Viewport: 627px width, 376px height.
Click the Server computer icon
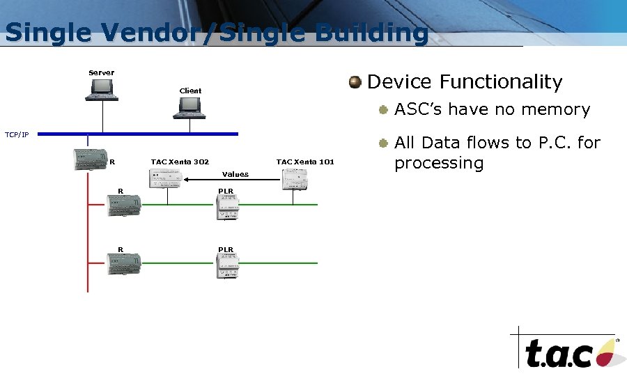coord(102,88)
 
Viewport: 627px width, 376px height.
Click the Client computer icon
coord(190,107)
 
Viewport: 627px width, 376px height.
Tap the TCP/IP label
coord(17,134)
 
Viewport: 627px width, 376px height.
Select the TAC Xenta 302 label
coord(180,162)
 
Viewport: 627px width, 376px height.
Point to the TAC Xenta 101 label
coord(305,162)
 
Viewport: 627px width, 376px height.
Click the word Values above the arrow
coord(235,174)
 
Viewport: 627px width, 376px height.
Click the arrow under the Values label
coord(217,180)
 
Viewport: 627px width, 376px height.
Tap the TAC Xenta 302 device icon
coord(166,179)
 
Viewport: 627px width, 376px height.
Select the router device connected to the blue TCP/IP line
coord(89,159)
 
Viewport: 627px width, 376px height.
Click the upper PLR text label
coord(226,191)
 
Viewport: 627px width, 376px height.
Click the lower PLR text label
coord(226,249)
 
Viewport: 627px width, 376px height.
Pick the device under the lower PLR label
coord(228,264)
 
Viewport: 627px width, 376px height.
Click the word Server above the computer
coord(102,72)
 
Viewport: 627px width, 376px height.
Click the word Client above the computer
coord(190,91)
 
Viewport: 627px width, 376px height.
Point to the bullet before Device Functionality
coord(356,82)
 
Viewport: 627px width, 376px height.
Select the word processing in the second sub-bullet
coord(439,163)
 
